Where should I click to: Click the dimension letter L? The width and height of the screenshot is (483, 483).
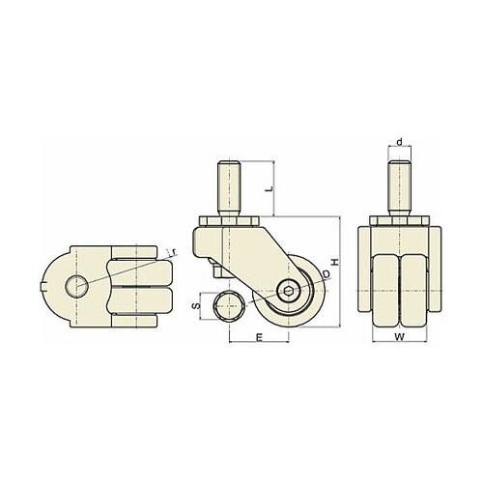tap(270, 188)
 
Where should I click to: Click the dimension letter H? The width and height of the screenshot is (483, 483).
tap(335, 262)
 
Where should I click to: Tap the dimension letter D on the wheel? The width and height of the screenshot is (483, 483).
tap(327, 274)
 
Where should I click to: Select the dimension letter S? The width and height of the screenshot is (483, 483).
tap(196, 306)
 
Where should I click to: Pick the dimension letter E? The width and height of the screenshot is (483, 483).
tap(259, 337)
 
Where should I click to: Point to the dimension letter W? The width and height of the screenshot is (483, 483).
tap(399, 337)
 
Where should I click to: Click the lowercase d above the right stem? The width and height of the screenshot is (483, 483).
tap(399, 142)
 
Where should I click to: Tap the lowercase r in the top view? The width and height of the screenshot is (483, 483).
tap(174, 252)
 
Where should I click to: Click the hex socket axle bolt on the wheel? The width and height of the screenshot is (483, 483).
tap(289, 291)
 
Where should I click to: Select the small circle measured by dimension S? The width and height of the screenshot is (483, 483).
tap(229, 306)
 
